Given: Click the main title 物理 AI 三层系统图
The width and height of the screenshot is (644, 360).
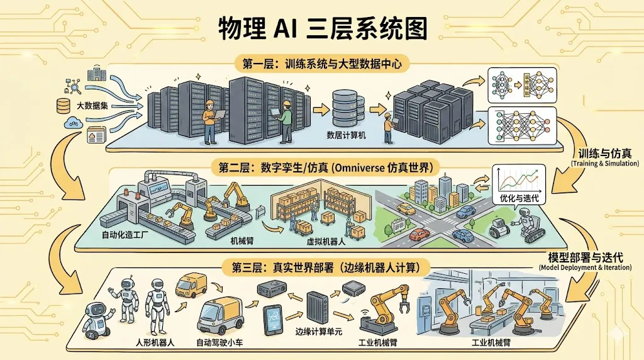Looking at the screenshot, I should [x=322, y=28].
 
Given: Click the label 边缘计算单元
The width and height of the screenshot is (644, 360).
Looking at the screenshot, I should [x=318, y=332].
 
